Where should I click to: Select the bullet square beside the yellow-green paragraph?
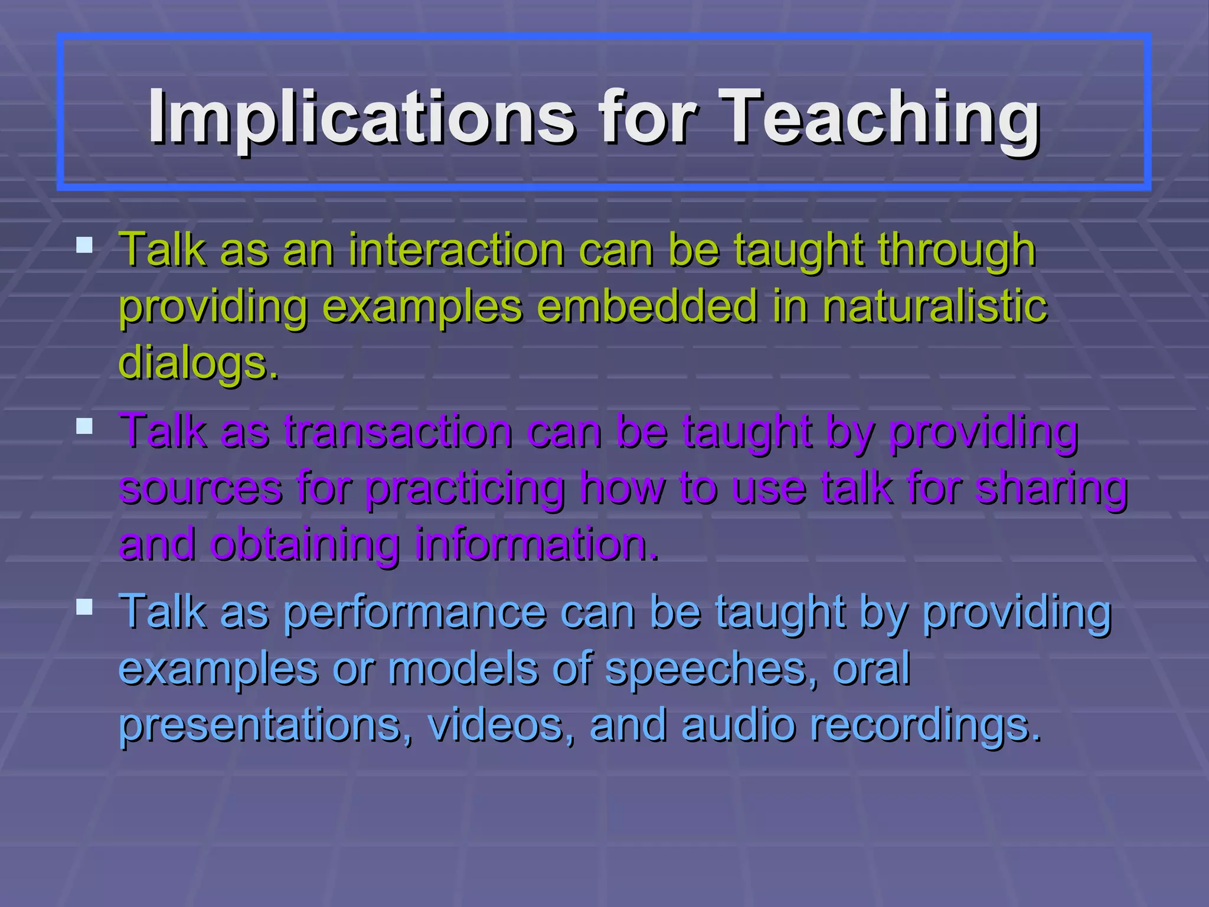click(x=84, y=245)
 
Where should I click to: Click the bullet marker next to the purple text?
click(x=84, y=426)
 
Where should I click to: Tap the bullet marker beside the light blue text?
click(x=84, y=607)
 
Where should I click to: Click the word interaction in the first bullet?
click(x=456, y=250)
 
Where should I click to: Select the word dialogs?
click(x=198, y=363)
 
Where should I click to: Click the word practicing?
click(x=465, y=489)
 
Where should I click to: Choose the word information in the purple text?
click(x=536, y=544)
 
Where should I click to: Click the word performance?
click(x=415, y=612)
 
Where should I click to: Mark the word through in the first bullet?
click(x=956, y=251)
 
